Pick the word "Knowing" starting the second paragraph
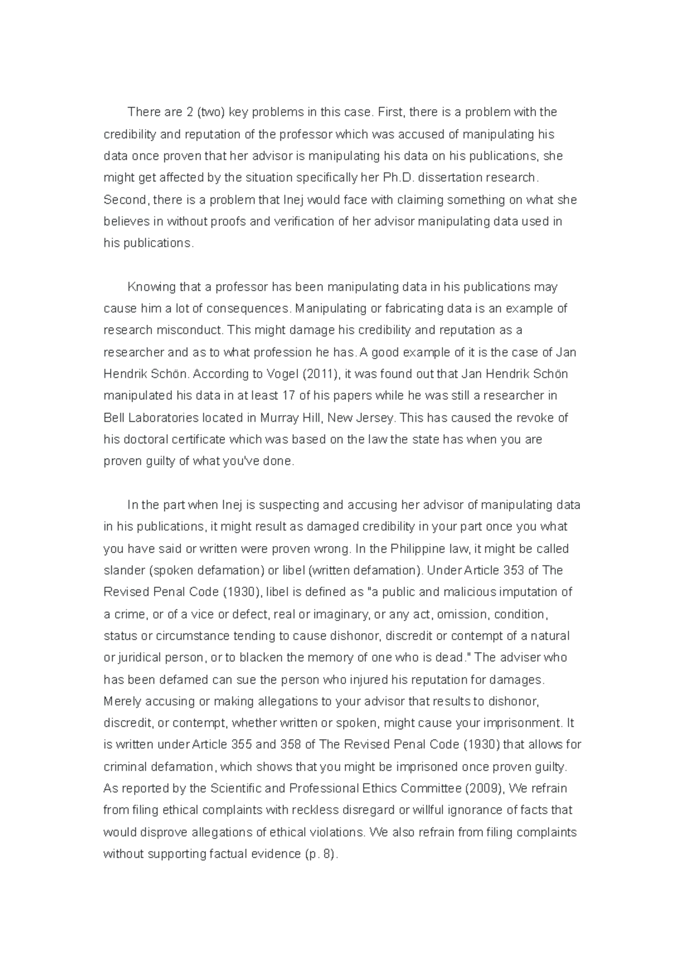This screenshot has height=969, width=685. pyautogui.click(x=151, y=287)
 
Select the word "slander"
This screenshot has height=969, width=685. pyautogui.click(x=122, y=571)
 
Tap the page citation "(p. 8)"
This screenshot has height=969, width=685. pyautogui.click(x=319, y=854)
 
